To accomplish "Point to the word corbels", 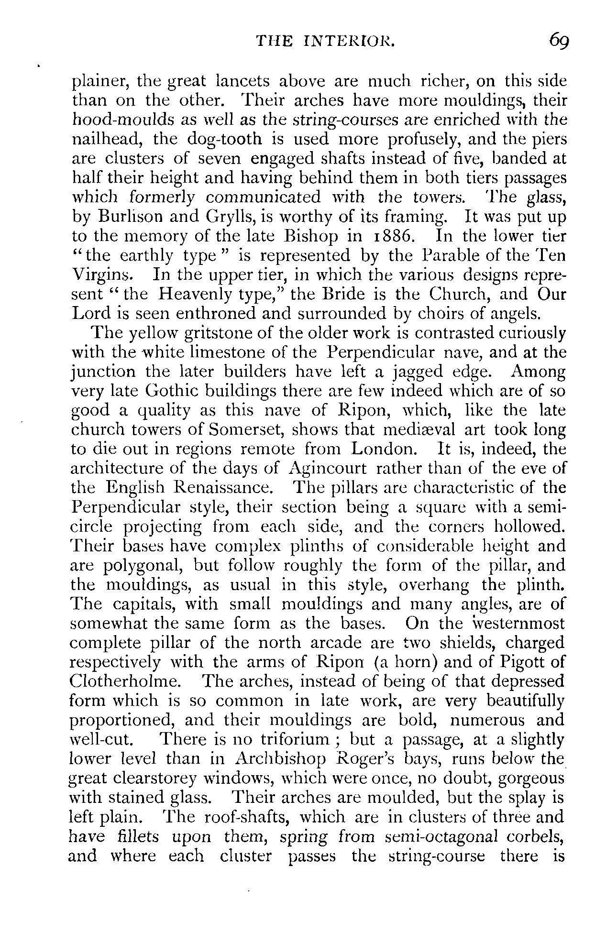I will coord(538,836).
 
